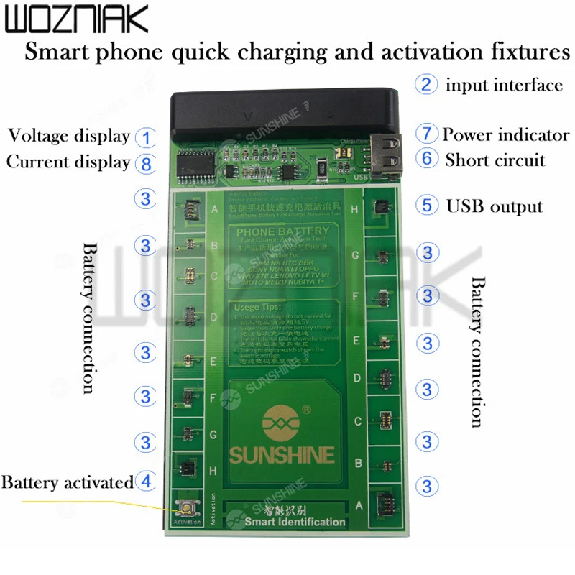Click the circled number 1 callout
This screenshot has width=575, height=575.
pyautogui.click(x=146, y=137)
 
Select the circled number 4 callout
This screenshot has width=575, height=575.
pyautogui.click(x=146, y=480)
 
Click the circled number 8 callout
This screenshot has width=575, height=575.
pyautogui.click(x=146, y=163)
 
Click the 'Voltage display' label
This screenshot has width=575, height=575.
pyautogui.click(x=68, y=136)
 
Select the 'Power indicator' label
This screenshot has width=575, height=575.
pyautogui.click(x=506, y=134)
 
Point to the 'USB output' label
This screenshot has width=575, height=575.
pyautogui.click(x=494, y=206)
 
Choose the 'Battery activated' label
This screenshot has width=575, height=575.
pyautogui.click(x=68, y=482)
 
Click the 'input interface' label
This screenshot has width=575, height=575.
pyautogui.click(x=504, y=86)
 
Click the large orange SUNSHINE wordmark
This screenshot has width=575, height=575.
pyautogui.click(x=282, y=454)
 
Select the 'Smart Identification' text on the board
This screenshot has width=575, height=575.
pyautogui.click(x=295, y=522)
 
